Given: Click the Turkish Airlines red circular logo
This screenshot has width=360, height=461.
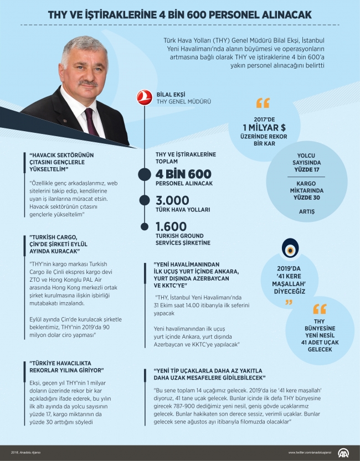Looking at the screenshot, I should pyautogui.click(x=146, y=98).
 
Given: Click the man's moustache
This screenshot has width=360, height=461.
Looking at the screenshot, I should pyautogui.click(x=88, y=83).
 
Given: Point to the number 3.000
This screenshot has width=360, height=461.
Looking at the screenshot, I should pyautogui.click(x=172, y=200).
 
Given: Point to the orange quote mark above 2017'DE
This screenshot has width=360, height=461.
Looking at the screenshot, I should pyautogui.click(x=263, y=103).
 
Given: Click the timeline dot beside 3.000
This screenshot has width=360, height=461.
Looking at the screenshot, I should pyautogui.click(x=146, y=200).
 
